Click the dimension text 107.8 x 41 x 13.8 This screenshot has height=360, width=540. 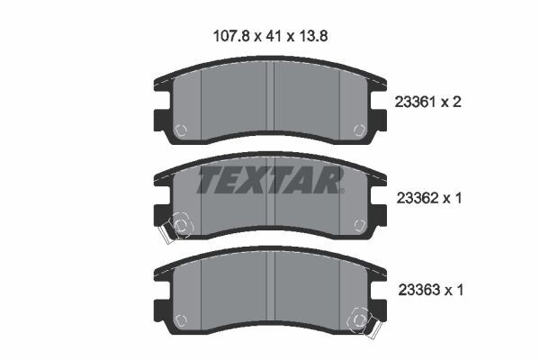(x=270, y=36)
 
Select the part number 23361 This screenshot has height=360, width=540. (x=416, y=102)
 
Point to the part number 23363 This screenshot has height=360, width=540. (x=418, y=290)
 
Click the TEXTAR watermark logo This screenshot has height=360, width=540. (x=270, y=180)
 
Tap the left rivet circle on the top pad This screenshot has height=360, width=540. (x=181, y=130)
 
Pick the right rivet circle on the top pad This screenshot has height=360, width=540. (x=359, y=130)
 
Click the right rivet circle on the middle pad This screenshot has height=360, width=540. (x=360, y=225)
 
